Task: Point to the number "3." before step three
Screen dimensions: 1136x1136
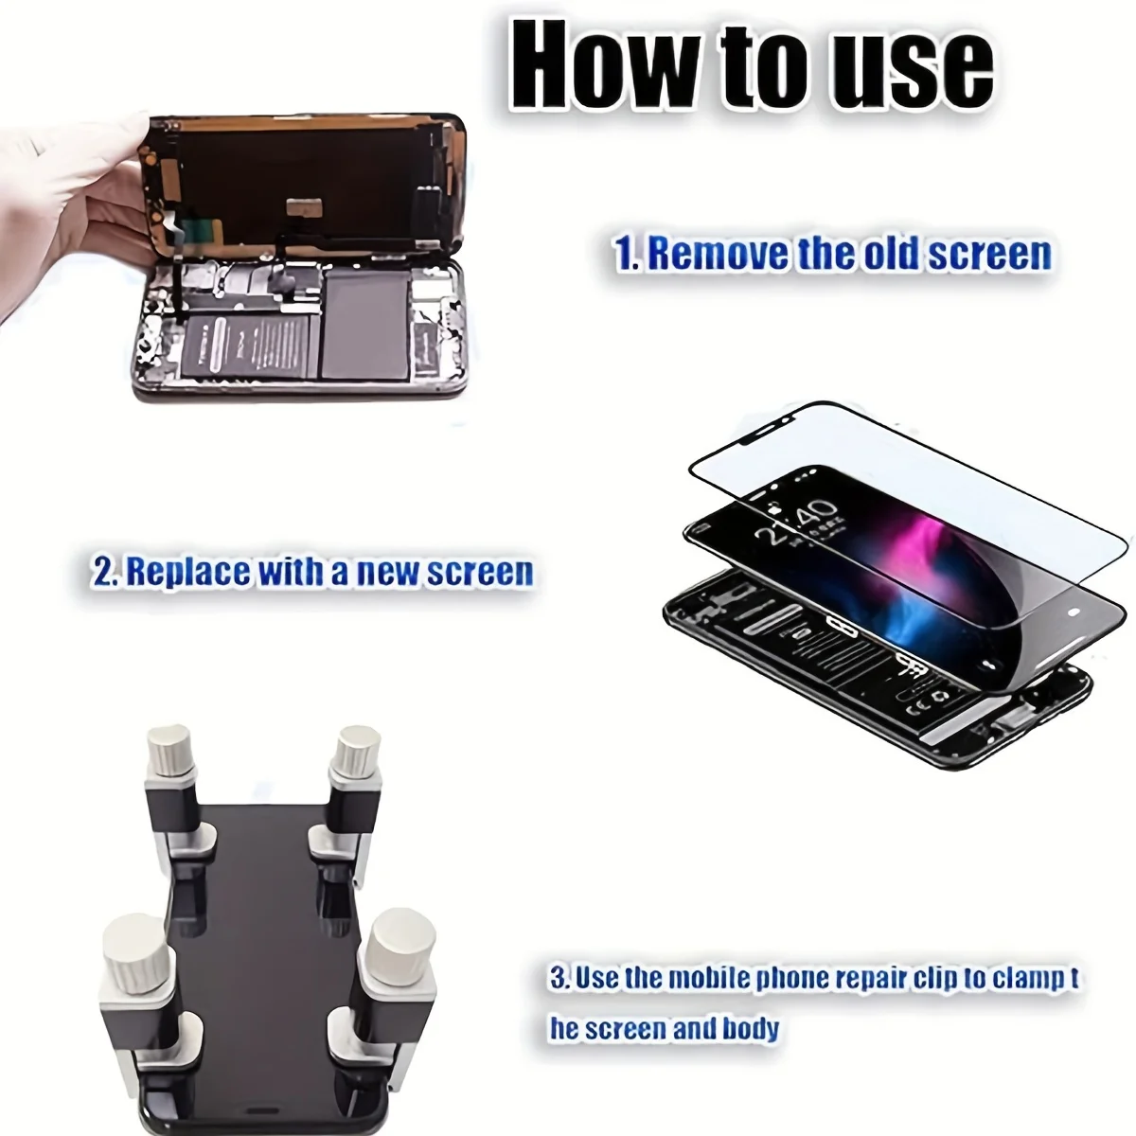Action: [x=559, y=978]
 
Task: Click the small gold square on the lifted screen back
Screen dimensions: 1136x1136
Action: [x=304, y=206]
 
